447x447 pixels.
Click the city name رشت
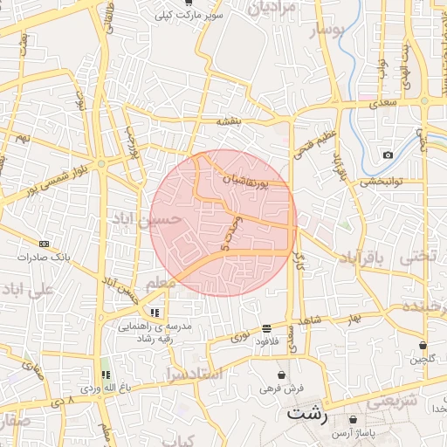coord(306,414)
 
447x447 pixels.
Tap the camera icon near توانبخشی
coord(388,155)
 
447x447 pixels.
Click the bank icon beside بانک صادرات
coord(45,244)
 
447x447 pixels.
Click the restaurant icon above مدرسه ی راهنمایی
coord(155,313)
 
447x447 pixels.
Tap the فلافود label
coord(267,341)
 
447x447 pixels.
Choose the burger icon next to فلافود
coord(266,328)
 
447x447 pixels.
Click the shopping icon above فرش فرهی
coord(280,374)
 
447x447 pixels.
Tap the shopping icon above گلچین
coord(423,345)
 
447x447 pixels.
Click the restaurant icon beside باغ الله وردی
coord(106,375)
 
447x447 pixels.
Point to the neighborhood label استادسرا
coord(195,375)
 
